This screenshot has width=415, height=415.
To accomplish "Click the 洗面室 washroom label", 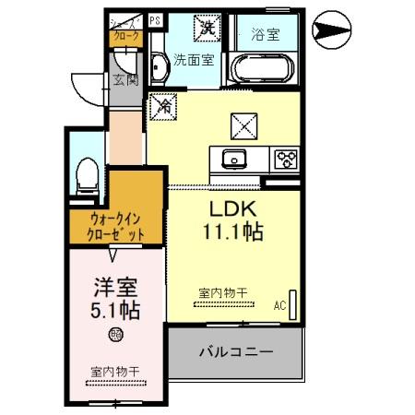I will click(x=194, y=60).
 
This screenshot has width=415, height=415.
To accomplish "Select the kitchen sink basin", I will click(x=231, y=159).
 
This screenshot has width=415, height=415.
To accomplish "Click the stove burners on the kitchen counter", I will click(x=283, y=159).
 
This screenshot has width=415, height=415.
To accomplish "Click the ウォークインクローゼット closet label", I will click(x=117, y=227).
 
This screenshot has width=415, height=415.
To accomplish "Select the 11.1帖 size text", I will click(x=233, y=232).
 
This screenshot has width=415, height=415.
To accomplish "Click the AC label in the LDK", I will click(x=279, y=303).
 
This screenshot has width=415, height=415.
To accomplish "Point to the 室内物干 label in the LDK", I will click(x=222, y=293).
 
